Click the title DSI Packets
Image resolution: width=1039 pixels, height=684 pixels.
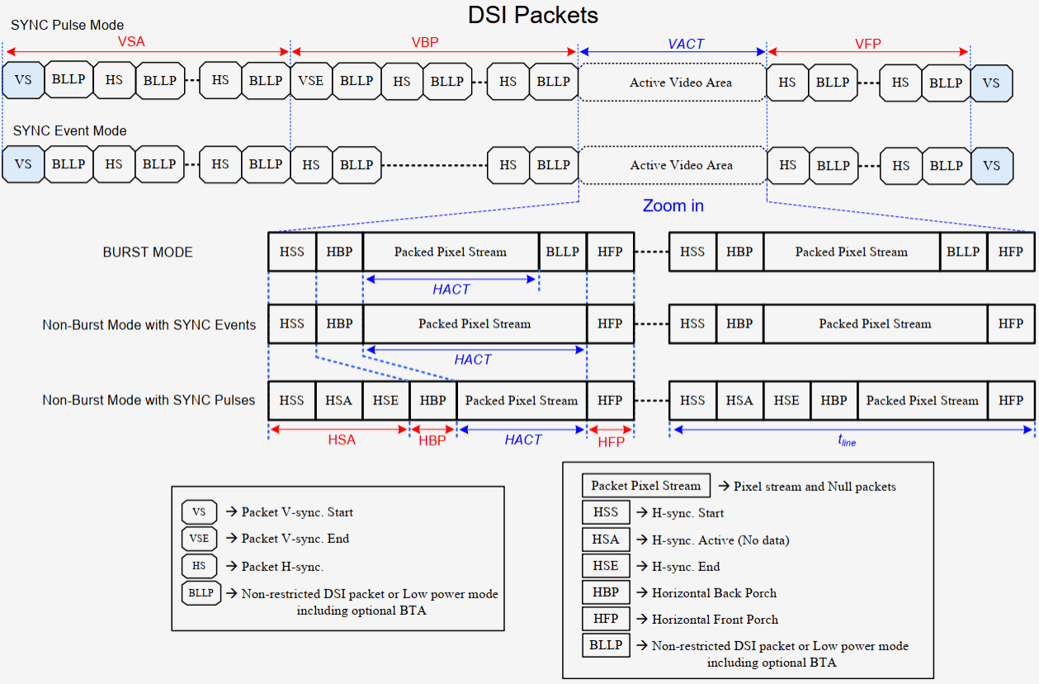pos(532,15)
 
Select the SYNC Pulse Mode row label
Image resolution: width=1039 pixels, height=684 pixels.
pos(68,26)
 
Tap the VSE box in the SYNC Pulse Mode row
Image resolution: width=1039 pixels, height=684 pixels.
pos(311,81)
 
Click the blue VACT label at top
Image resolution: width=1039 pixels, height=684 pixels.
pos(686,44)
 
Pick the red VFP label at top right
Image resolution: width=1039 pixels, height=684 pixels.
pos(868,42)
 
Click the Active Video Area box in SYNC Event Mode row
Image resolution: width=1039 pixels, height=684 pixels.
pos(681,165)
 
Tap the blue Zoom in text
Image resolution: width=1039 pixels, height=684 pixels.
pos(673,205)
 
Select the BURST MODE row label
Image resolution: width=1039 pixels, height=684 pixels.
pos(148,252)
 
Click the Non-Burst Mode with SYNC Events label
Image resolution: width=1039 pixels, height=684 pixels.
pos(149,324)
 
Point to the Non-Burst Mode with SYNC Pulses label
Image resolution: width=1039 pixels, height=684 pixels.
pos(149,400)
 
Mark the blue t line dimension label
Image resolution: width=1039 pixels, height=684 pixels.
pos(847,441)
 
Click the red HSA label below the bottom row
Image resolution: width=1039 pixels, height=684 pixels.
pos(342,441)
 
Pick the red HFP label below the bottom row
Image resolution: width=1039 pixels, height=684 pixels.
pos(611,441)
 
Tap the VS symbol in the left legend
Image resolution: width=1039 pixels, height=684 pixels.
pos(199,512)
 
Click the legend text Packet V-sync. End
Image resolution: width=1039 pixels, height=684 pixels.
pos(295,539)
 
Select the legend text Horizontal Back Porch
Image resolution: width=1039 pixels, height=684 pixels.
pos(714,592)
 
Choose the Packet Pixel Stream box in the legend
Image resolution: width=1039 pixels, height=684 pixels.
pos(646,486)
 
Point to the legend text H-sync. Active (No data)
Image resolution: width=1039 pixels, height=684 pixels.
pos(720,540)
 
